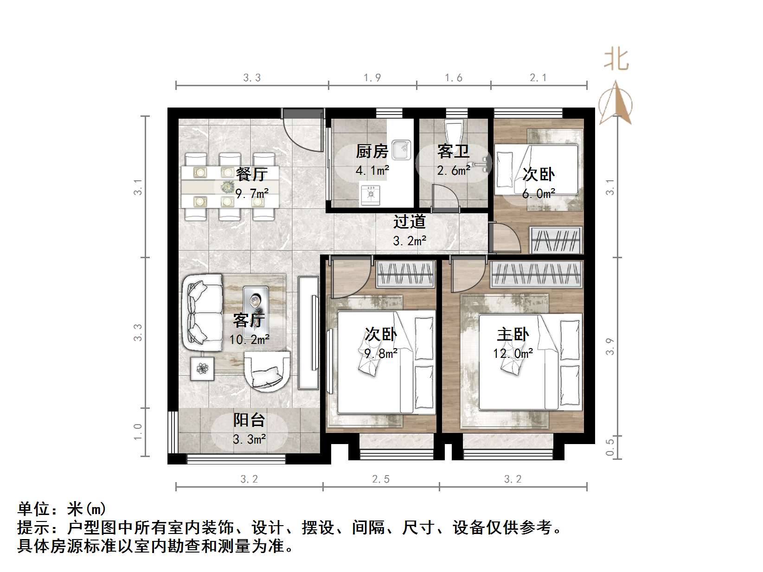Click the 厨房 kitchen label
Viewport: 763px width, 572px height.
click(x=372, y=151)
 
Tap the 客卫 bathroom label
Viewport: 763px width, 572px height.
click(x=453, y=151)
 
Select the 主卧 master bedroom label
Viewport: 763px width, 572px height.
click(x=513, y=335)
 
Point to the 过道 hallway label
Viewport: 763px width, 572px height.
click(x=409, y=222)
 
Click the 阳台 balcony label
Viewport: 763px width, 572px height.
click(x=249, y=420)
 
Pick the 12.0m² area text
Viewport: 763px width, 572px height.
click(x=513, y=354)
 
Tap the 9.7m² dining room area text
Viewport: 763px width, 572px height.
click(x=252, y=193)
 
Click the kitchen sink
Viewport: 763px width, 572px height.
click(x=402, y=149)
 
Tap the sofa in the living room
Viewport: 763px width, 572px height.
click(x=202, y=313)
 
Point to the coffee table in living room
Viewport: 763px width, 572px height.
click(x=256, y=303)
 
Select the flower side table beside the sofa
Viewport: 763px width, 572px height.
click(x=202, y=369)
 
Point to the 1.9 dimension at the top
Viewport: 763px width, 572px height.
click(x=372, y=78)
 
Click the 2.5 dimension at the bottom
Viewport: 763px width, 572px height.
click(x=381, y=479)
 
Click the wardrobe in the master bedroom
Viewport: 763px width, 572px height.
click(x=536, y=274)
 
